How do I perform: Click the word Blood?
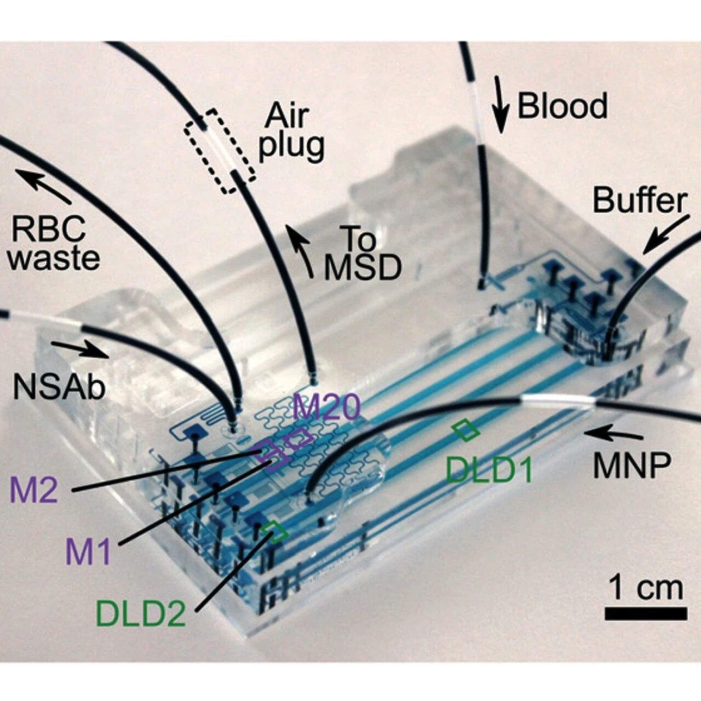coord(562,106)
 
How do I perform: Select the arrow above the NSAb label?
coord(81,349)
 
